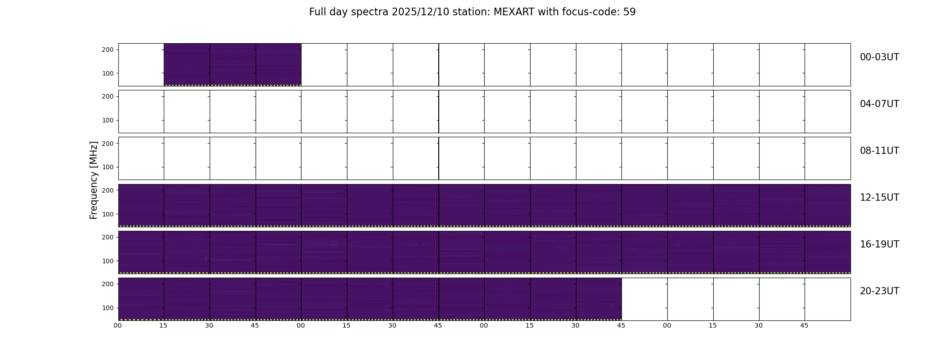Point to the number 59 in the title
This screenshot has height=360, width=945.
630,12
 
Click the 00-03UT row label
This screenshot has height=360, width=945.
879,57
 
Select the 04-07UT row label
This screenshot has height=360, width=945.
879,104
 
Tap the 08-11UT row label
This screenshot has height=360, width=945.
879,151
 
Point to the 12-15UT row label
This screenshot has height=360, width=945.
879,198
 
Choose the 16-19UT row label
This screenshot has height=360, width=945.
879,244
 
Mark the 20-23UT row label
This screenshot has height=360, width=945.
879,291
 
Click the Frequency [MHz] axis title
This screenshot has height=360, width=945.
94,180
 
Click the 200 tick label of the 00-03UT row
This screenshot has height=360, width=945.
108,49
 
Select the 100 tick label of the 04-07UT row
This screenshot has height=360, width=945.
108,120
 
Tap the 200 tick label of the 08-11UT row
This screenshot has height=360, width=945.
108,143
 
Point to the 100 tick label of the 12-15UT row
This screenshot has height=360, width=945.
108,214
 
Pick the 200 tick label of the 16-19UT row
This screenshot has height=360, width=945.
108,237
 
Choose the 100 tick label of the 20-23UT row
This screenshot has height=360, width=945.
108,308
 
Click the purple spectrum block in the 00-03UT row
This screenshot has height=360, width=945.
233,64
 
